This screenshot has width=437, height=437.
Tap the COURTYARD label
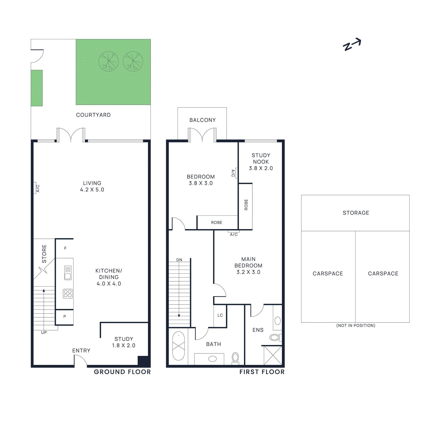point(93,115)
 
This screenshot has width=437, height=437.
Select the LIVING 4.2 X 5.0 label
point(92,186)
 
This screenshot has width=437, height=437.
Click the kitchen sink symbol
point(68,273)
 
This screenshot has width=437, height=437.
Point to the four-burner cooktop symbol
point(68,294)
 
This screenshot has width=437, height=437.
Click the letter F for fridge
point(65,248)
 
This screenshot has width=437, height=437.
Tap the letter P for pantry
point(65,317)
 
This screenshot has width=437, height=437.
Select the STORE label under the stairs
point(44,254)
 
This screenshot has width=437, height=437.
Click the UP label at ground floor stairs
point(44,332)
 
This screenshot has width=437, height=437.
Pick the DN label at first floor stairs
point(179,260)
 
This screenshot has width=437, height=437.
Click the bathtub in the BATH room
point(179,346)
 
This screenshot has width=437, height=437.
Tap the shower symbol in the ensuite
point(273,355)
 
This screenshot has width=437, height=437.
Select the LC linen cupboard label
point(220,315)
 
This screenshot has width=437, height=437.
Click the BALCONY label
point(202,120)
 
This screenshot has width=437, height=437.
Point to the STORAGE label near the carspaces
point(356,213)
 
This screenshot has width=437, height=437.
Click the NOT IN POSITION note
point(356,326)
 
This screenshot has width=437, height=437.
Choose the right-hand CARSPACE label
point(383,274)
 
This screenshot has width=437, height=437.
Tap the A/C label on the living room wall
point(38,188)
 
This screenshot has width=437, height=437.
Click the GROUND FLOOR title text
point(122,372)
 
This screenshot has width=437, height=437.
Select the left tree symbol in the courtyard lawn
point(108,61)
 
